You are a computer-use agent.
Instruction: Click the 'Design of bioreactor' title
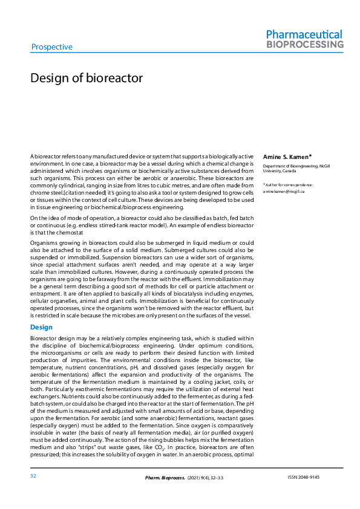pos(87,79)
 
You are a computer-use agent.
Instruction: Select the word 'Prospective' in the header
pos(51,47)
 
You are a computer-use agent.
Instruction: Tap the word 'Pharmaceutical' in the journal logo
pos(304,34)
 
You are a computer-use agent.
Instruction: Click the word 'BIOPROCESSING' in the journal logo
pos(305,45)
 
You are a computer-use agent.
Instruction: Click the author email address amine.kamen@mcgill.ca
pos(284,191)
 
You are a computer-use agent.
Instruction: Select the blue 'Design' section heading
pos(42,327)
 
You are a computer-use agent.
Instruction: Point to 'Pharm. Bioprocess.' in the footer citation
pos(163,478)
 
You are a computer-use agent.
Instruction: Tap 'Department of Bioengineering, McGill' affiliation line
pos(296,166)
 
